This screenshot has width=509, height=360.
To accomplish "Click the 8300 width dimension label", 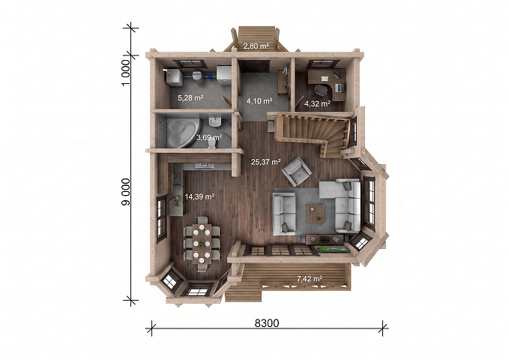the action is point(267,323).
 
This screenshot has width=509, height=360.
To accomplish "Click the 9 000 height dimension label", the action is point(126,192).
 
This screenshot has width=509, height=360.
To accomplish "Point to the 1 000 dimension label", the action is point(126,73).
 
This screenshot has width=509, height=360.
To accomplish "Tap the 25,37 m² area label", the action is point(266,161).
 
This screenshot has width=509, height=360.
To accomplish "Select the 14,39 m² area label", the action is point(199,196).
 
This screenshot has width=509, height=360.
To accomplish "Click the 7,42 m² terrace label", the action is point(310,278).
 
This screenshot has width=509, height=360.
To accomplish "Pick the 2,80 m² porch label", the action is point(256,46).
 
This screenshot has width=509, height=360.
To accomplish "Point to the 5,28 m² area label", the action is point(190,97).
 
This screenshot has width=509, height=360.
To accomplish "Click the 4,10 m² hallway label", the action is point(259,101).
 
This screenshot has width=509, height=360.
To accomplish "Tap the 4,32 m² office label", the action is point(317,104).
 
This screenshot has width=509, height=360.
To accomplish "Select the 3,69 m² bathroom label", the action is point(209,137).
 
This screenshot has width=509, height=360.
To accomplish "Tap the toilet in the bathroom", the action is point(211,143).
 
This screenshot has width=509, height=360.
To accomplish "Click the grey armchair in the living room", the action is point(297,171).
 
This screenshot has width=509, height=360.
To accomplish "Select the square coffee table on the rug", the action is point(316,214).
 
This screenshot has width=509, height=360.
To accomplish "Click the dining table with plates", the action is point(202,243).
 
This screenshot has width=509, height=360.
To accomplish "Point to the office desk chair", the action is point(319,90).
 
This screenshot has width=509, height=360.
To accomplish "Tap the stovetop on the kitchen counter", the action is point(204,165).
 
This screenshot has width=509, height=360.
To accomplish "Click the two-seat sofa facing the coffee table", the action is point(284,213).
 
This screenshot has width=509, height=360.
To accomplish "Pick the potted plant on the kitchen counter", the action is point(175,200).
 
